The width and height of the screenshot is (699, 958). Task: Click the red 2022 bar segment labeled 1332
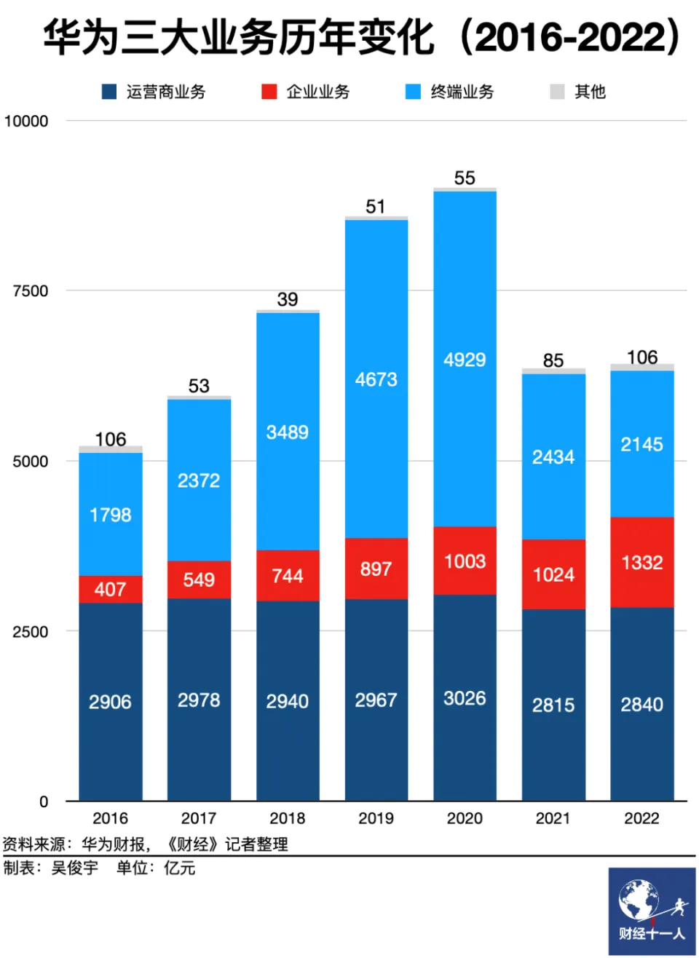pos(641,562)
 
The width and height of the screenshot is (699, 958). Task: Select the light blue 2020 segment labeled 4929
pos(465,359)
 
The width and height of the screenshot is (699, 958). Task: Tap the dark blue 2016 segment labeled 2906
pos(111,702)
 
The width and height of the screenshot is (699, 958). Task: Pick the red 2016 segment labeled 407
pos(111,589)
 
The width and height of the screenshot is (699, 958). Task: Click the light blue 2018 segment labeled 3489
pos(288,432)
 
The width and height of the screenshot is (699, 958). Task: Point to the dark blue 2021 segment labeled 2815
pos(553,705)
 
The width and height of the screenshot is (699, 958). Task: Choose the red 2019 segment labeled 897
pos(376,569)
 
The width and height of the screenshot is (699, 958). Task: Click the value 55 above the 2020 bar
pos(465,178)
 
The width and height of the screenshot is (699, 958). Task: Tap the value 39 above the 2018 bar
pos(288,299)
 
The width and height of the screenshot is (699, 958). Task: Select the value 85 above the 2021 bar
pos(553,360)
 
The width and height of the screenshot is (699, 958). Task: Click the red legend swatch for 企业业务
pos(269,92)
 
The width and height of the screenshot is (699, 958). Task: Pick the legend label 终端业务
pos(462,92)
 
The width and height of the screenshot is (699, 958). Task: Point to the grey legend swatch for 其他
pos(557,92)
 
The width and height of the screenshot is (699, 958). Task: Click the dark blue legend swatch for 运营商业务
pos(109,92)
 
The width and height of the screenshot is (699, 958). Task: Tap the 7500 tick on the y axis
pos(31,291)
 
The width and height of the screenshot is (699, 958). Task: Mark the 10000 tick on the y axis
pos(26,121)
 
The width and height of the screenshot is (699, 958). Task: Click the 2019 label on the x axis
pos(376,818)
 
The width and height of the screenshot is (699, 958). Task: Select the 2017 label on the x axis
pos(199,818)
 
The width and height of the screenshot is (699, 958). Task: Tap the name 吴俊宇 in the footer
pos(74,868)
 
